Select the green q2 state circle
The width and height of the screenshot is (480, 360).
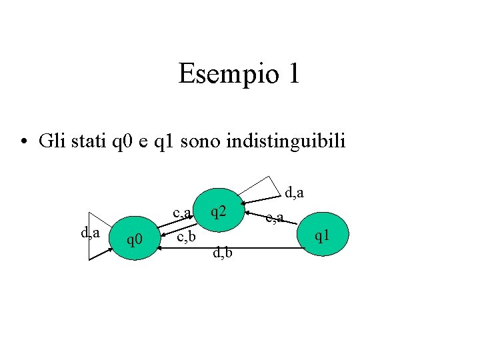[218, 213]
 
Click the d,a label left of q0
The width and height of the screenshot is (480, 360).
[90, 233]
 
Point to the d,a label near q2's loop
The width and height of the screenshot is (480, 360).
[295, 193]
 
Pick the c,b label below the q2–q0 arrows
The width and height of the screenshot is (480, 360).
[185, 237]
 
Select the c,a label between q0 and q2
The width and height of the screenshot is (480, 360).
[183, 213]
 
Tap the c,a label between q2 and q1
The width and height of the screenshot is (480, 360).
[275, 217]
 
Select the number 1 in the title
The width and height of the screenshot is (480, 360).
[291, 73]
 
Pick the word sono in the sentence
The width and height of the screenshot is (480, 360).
[201, 141]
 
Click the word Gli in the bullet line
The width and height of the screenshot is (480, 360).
[51, 141]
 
